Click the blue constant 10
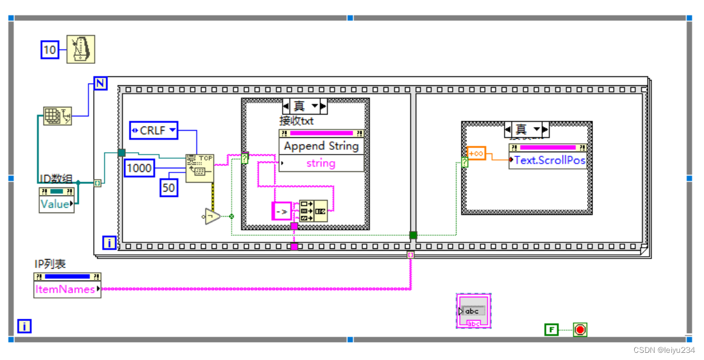click(50, 50)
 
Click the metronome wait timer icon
click(80, 49)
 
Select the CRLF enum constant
click(153, 130)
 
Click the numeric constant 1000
click(139, 168)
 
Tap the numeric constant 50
click(169, 188)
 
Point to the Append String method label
click(321, 146)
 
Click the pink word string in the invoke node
click(321, 163)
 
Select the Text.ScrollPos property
click(549, 161)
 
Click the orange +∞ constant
click(476, 153)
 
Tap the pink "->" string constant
click(281, 211)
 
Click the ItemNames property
click(66, 290)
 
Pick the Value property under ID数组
click(55, 204)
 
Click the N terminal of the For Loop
click(100, 84)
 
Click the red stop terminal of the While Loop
click(579, 330)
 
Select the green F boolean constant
click(551, 330)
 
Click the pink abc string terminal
click(473, 311)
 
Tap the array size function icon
click(57, 116)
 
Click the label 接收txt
click(297, 121)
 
